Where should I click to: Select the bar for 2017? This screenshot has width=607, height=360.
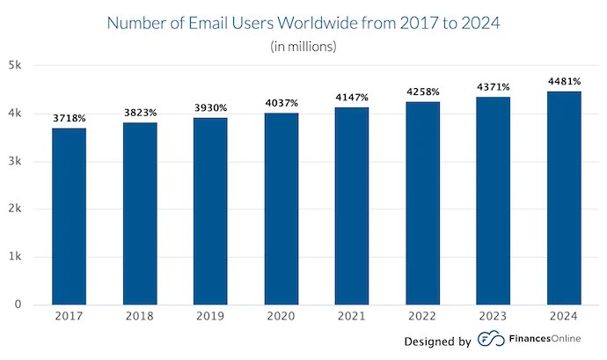tap(69, 217)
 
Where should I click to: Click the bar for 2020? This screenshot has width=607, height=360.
tap(281, 209)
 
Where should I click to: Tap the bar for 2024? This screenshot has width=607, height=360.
tap(564, 198)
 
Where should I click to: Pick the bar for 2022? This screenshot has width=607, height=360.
tap(422, 203)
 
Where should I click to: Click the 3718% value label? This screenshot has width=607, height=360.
tap(69, 116)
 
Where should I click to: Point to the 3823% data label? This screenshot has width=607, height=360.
tap(140, 113)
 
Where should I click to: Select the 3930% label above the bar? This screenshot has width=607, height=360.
tap(210, 107)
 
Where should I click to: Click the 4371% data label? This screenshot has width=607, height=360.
tap(494, 86)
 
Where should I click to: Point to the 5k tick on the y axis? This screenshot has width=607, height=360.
tap(17, 65)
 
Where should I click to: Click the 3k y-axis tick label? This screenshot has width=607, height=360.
tap(17, 161)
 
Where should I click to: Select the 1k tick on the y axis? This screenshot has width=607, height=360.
tap(17, 257)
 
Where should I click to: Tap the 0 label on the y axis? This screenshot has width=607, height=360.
tap(18, 305)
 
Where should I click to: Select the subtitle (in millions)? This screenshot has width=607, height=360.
tap(303, 47)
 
